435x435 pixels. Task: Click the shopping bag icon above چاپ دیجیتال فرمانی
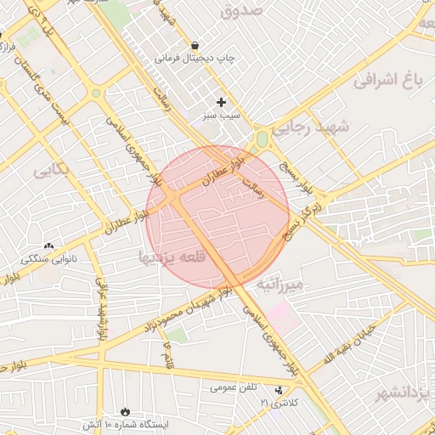(x=196, y=46)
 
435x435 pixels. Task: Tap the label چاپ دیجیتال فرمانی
(x=195, y=59)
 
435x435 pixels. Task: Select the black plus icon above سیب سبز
(x=222, y=102)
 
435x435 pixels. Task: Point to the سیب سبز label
(x=221, y=114)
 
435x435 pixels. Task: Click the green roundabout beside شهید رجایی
(x=262, y=138)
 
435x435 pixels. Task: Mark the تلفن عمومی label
(x=234, y=387)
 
